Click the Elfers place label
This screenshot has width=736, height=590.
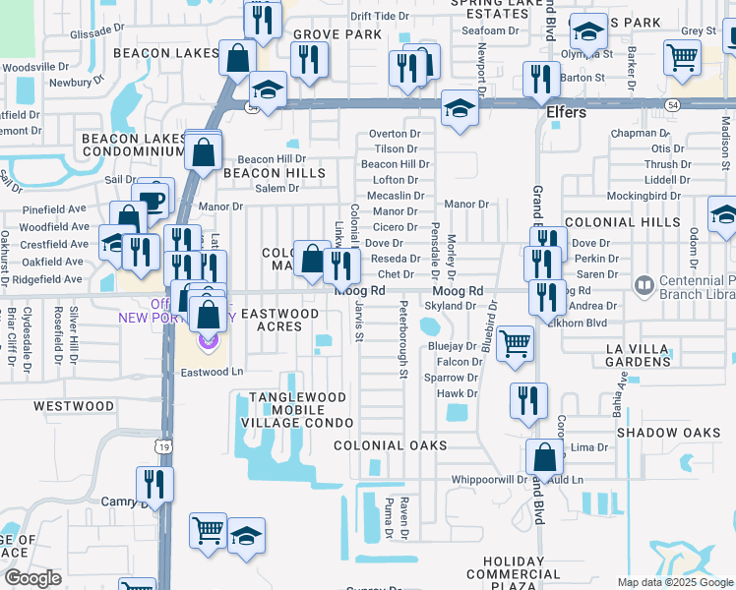567,113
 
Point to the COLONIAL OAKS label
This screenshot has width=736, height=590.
391,445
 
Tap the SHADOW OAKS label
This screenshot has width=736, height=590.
669,433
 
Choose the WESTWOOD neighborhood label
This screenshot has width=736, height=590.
74,405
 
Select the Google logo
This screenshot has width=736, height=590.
31,577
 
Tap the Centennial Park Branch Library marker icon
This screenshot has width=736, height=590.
644,286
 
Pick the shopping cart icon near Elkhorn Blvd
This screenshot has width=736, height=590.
515,344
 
